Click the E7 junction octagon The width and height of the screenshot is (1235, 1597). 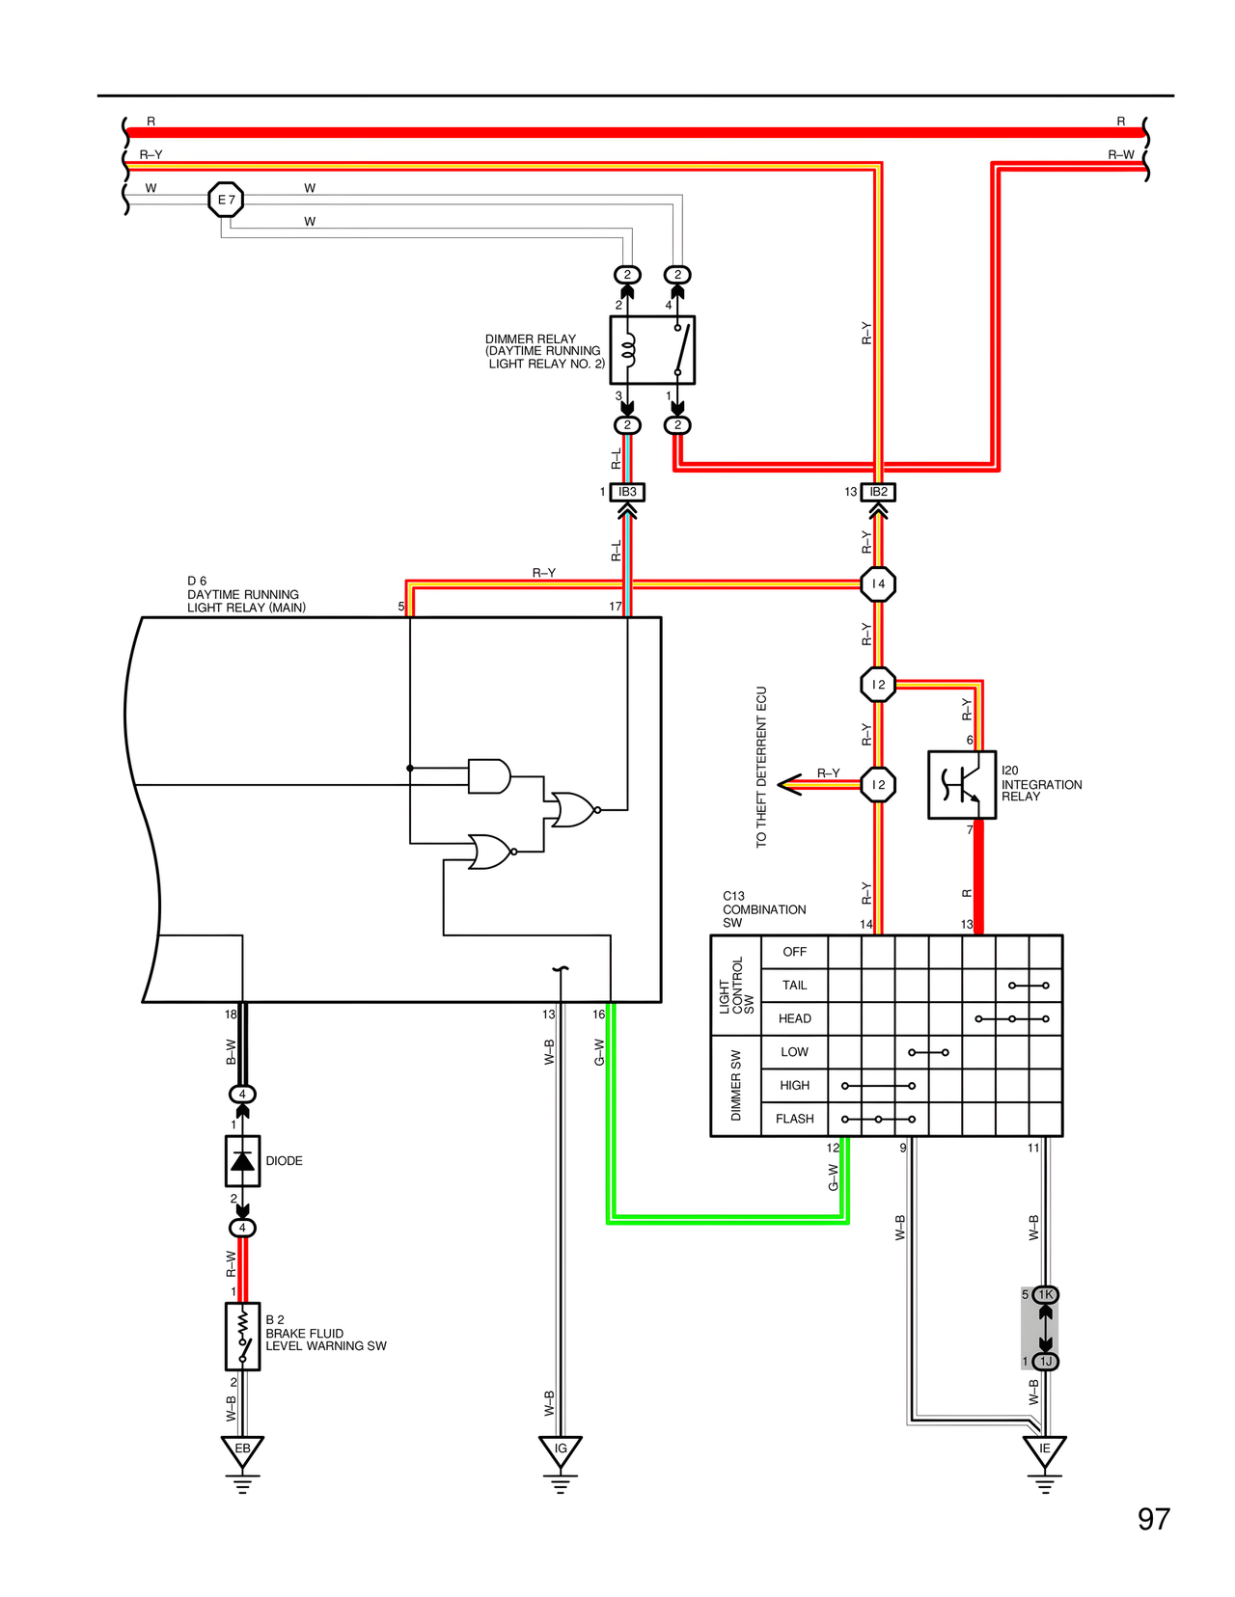click(x=226, y=200)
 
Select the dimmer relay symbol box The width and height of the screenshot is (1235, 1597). click(x=652, y=350)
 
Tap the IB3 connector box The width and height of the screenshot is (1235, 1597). click(x=627, y=492)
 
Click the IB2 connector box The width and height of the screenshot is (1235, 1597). click(x=878, y=492)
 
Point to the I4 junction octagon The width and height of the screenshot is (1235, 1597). click(x=878, y=583)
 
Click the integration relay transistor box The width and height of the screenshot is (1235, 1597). click(x=961, y=785)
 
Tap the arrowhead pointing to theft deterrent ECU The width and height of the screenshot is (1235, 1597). click(x=790, y=784)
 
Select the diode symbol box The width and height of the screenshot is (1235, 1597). click(x=242, y=1160)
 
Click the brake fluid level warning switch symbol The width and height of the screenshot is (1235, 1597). click(x=242, y=1336)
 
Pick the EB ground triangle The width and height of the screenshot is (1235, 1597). click(x=242, y=1449)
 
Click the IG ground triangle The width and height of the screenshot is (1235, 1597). click(x=561, y=1449)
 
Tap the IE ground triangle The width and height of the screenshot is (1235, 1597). click(x=1044, y=1449)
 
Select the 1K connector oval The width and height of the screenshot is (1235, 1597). click(x=1046, y=1294)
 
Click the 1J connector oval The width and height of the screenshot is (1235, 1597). click(x=1046, y=1361)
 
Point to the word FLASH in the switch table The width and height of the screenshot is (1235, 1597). click(x=794, y=1119)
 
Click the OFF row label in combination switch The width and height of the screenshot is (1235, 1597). click(x=794, y=952)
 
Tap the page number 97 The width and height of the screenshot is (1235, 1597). click(x=1153, y=1519)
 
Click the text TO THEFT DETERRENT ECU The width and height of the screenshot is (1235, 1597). click(x=761, y=767)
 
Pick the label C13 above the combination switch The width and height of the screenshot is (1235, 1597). click(x=733, y=896)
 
